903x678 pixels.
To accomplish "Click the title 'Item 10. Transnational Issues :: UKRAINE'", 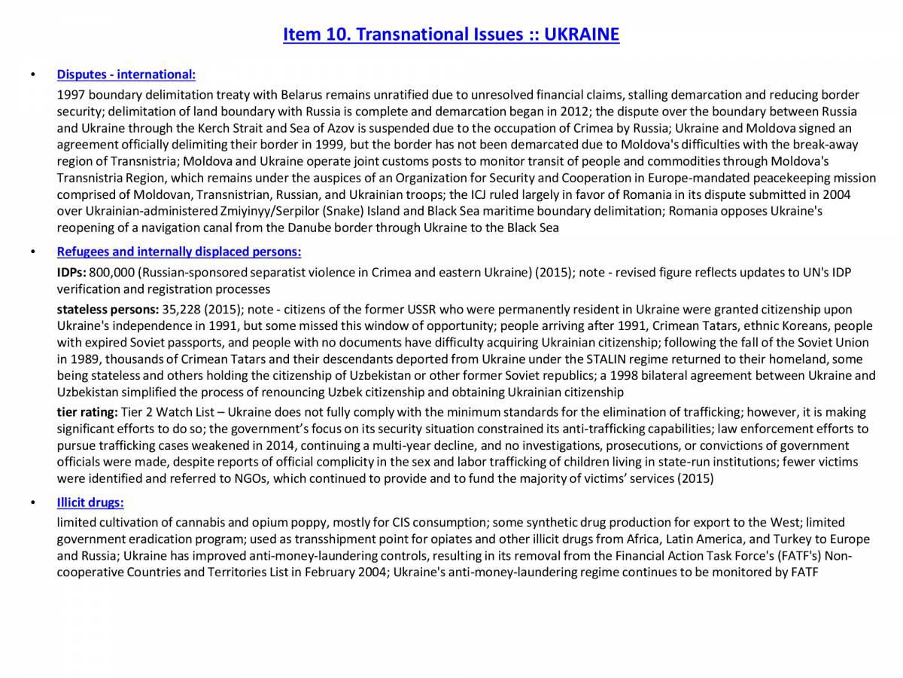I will [x=451, y=35].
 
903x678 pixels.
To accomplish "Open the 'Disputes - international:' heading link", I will [x=126, y=75].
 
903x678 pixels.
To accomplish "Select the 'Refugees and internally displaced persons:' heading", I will [x=179, y=252].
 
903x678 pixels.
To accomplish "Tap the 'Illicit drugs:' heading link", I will [x=90, y=502].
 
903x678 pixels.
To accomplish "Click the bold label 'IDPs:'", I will [x=71, y=272].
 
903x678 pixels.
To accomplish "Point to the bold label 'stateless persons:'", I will [x=108, y=310].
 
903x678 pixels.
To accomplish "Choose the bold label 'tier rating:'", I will [x=88, y=412].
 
